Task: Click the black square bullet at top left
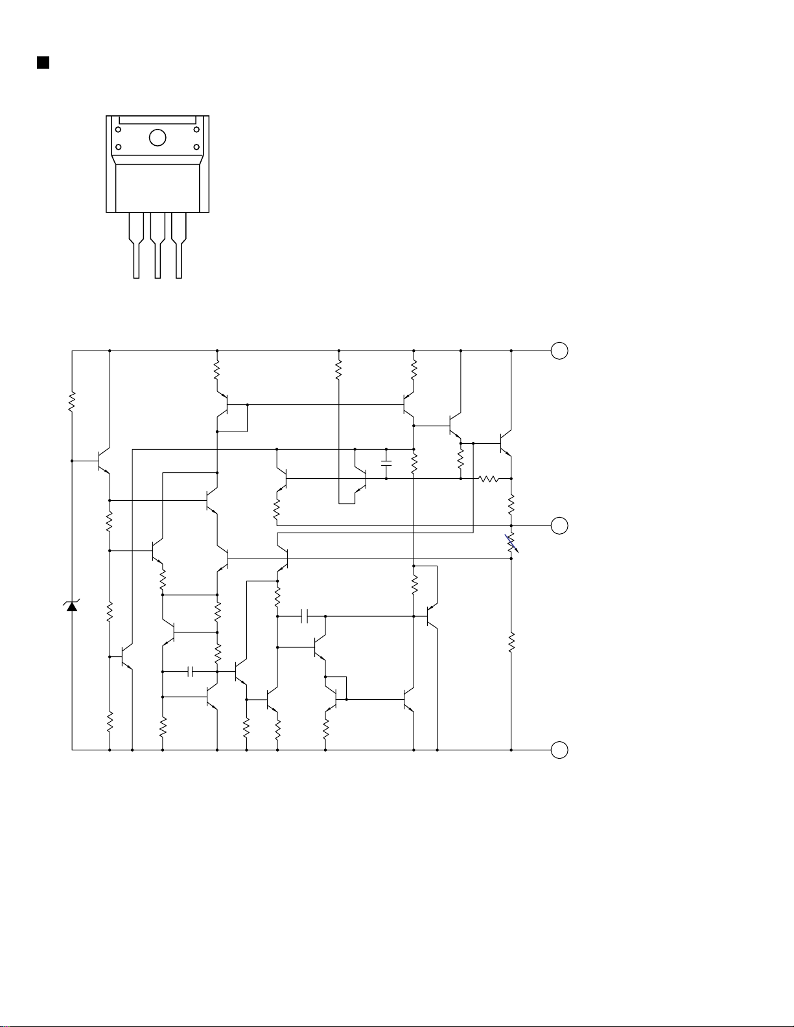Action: (43, 62)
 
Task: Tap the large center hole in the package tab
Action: (158, 137)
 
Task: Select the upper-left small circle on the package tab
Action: (118, 130)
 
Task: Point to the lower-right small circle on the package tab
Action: (196, 146)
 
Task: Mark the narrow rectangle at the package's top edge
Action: (158, 120)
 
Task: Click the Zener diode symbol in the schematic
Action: (72, 606)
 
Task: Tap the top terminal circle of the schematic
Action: (559, 351)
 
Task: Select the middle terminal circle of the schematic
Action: (559, 525)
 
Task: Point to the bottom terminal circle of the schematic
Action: (559, 750)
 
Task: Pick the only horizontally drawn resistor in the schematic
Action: (488, 479)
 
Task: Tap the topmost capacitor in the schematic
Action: (386, 464)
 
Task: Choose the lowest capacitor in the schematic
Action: (190, 672)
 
